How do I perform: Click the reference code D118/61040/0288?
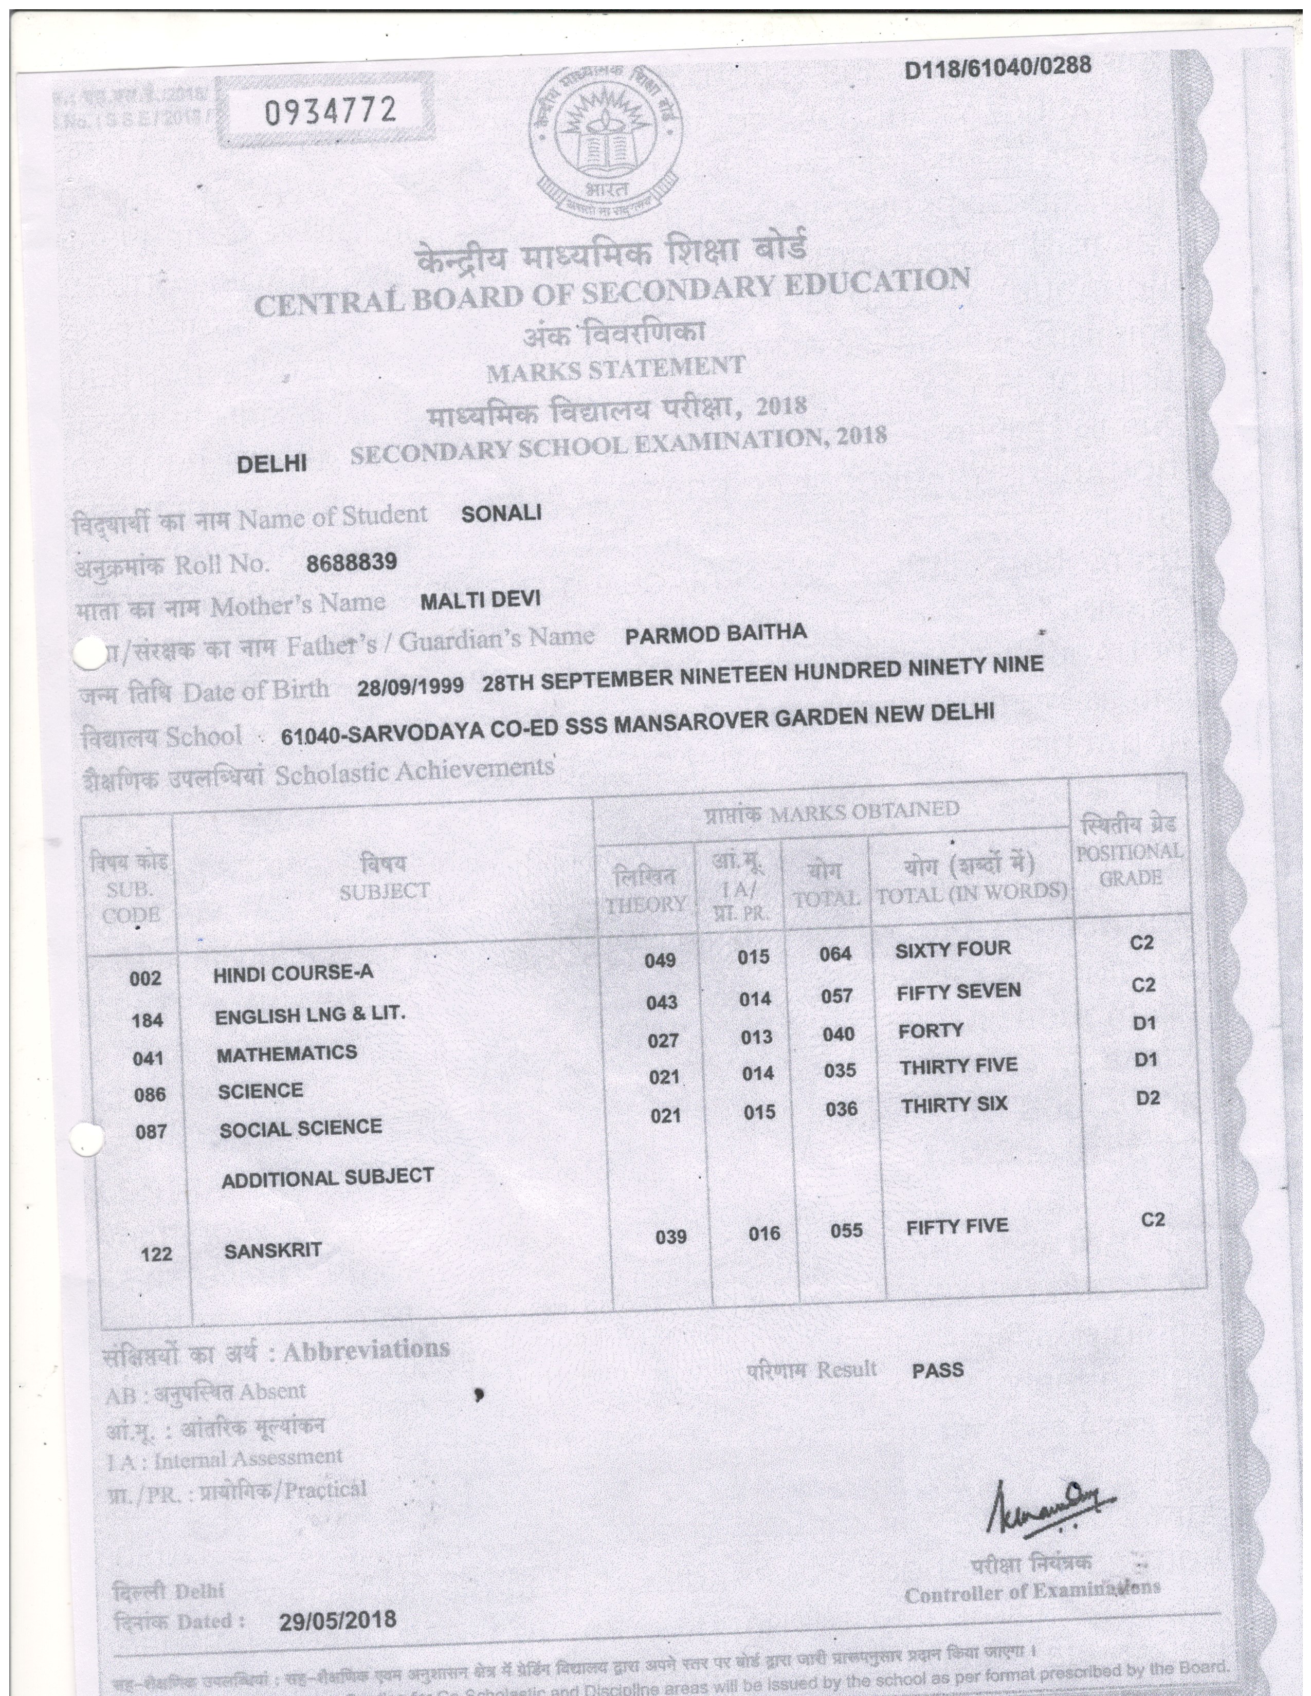point(998,67)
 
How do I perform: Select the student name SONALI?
point(501,513)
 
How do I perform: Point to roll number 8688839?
point(351,562)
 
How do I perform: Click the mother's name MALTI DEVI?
point(480,599)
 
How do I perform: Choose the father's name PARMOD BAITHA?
point(715,634)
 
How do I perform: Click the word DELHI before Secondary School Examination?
point(272,464)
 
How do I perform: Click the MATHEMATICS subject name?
point(286,1054)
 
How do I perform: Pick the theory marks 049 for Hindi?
point(660,961)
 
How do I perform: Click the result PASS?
point(937,1370)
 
